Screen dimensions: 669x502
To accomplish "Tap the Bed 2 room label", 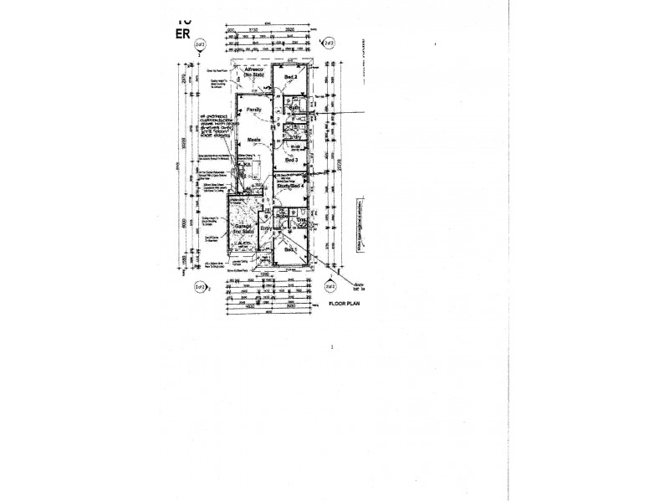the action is click(290, 77).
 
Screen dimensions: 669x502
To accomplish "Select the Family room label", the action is click(254, 110).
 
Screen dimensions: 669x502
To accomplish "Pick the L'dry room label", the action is click(294, 136).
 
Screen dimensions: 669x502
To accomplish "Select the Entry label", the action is click(265, 228).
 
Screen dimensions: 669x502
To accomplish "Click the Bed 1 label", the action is click(289, 249).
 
